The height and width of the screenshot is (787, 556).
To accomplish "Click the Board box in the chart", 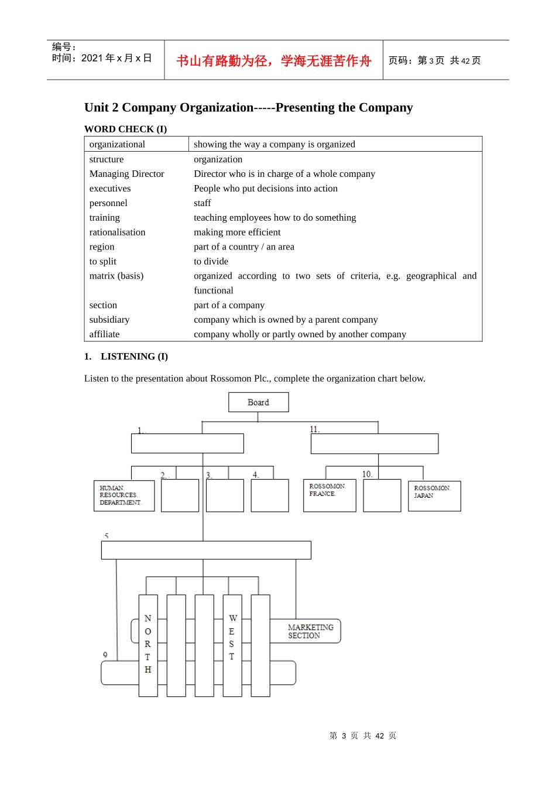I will coord(258,402).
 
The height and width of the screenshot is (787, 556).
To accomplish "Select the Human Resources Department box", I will coord(124,495).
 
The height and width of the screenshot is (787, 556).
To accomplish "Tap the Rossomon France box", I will coord(330,495).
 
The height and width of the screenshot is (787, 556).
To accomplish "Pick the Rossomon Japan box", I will coord(434,496).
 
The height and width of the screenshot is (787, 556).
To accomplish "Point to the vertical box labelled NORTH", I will coord(148,645).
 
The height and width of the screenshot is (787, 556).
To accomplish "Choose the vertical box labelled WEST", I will coord(232,645).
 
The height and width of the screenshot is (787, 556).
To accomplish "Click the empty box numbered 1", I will coord(187,443).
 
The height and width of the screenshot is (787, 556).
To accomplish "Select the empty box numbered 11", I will coord(375,444).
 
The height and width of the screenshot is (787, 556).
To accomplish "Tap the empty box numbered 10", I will coord(382,495).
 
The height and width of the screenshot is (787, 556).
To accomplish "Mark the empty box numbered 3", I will coord(225,495).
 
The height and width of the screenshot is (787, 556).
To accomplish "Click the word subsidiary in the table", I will coord(109,320).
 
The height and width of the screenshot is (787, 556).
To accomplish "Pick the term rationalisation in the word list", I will coord(117,232).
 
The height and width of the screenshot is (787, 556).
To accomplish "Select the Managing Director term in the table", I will coord(126,174).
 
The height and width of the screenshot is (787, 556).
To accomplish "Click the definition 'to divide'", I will coord(211,261).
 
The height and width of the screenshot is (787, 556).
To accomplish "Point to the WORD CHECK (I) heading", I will coord(125,129).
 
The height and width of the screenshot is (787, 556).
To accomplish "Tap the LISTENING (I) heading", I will coord(134,357).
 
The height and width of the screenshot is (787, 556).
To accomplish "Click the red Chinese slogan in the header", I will coord(274,61).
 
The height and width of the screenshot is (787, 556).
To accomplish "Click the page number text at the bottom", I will coord(363,735).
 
